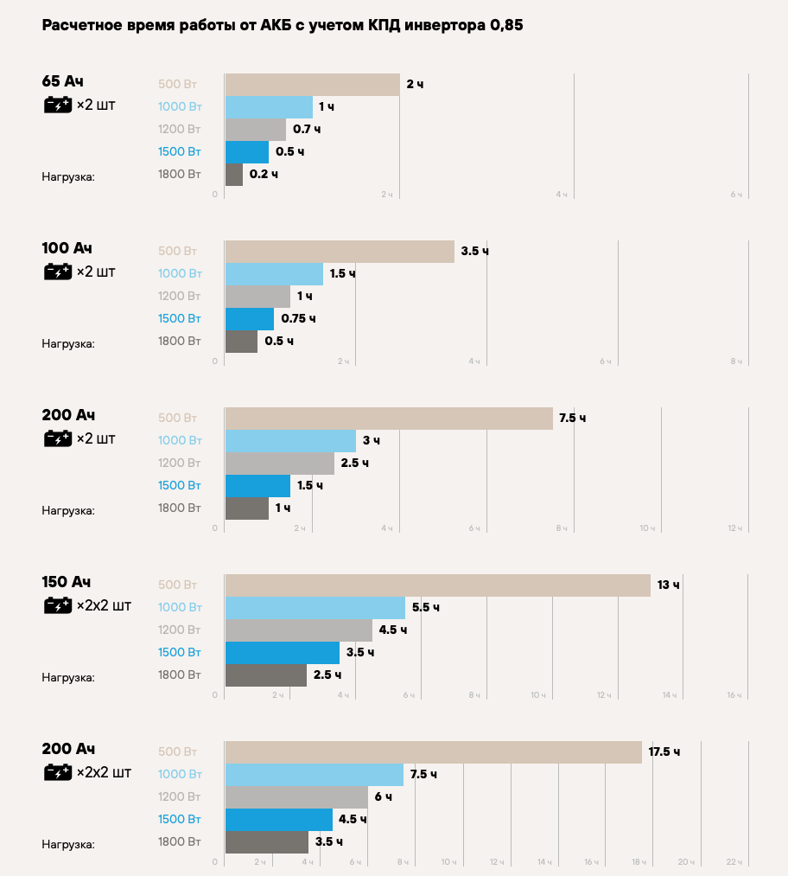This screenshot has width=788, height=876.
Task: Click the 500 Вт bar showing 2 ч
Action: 312,85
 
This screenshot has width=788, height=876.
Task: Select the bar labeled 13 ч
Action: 437,585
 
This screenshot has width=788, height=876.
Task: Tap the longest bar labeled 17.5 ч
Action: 433,752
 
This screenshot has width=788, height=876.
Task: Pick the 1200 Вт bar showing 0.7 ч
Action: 255,130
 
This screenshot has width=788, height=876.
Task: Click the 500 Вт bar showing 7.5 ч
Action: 389,419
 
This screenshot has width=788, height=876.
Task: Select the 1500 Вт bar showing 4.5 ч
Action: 278,820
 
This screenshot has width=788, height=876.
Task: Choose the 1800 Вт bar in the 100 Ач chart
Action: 241,342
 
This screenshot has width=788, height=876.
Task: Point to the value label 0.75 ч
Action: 298,319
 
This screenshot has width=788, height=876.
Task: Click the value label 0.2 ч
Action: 264,175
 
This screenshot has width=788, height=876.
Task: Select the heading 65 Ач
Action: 63,82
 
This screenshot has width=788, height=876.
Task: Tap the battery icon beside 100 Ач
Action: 58,272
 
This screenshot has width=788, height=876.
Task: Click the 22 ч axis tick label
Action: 734,862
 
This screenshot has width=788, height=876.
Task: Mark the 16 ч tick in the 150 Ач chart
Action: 734,695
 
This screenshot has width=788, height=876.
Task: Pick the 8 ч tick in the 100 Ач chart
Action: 735,361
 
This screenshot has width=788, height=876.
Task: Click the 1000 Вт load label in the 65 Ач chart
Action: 180,107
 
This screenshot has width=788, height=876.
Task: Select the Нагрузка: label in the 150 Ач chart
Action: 68,677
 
